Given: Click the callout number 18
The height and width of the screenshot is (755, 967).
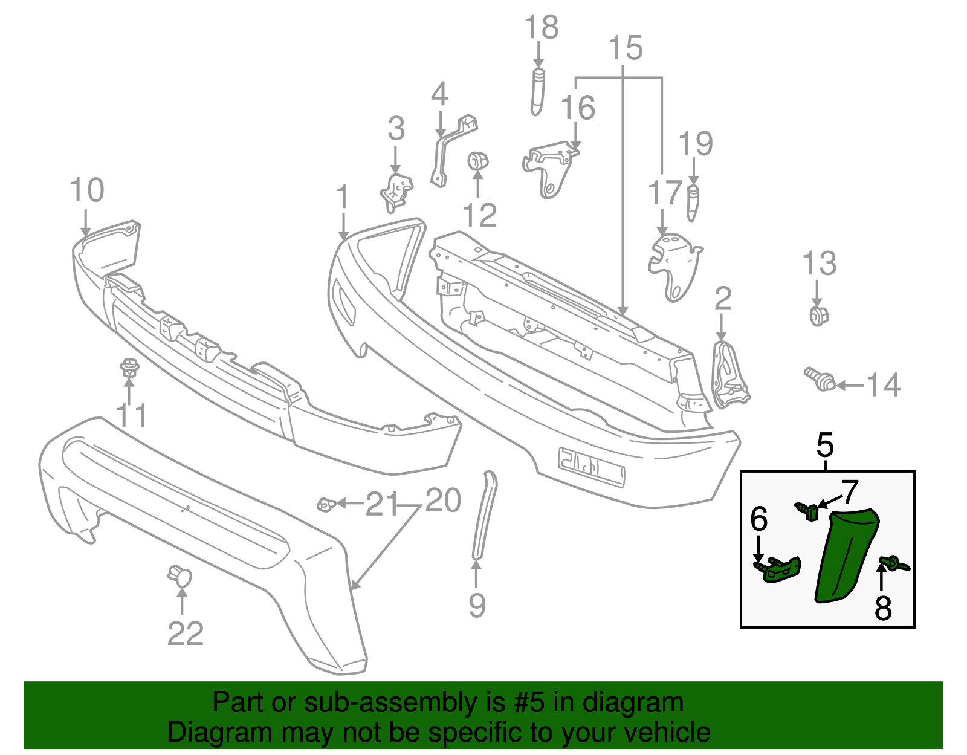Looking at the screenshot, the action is pos(541,28).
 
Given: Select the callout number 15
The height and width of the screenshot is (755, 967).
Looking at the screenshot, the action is pos(625,48).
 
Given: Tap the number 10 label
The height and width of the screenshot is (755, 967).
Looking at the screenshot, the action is pos(87,190).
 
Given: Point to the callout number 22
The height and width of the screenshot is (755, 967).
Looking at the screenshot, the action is pos(185,633).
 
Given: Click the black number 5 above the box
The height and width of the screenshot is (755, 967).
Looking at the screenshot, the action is pos(825,446).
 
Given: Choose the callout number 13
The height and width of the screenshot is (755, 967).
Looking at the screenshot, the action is pos(819,264).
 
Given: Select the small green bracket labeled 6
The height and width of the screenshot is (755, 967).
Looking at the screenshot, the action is pos(781,569).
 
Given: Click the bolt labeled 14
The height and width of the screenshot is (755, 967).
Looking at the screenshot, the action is pos(820,378).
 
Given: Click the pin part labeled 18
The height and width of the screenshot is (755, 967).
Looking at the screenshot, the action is pos(538,91).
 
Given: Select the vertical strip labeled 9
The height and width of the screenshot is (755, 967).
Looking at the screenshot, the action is pos(485,514).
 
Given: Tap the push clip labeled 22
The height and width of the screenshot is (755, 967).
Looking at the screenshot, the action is pos(179,575).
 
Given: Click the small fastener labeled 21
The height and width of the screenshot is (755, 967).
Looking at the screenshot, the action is pos(327,504).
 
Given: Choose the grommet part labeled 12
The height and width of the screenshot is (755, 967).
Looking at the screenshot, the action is pos(478,161).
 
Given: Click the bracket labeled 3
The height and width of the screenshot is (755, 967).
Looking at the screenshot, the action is pos(396,192).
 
